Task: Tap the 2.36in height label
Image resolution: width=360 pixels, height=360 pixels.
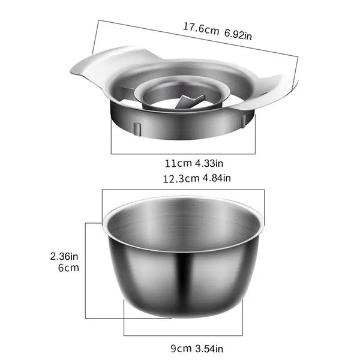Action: pos(64,256)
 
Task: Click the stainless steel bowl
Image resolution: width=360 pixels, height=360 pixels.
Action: pos(183,282)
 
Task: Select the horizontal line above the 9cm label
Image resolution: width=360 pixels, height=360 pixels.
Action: pos(183,335)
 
